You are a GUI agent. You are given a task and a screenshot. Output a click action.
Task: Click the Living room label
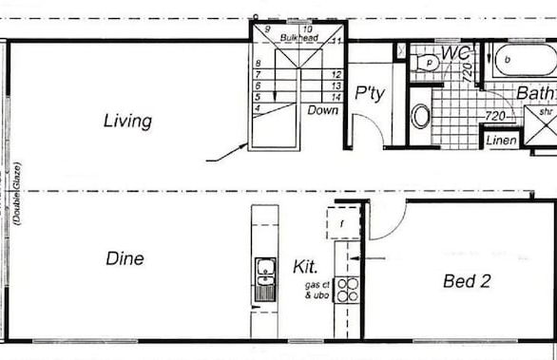coord(128,121)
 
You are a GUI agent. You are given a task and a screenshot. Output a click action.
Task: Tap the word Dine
coord(125,258)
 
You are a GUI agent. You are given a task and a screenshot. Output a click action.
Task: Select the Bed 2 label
coord(467,280)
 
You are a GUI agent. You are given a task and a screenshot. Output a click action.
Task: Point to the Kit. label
coord(306,268)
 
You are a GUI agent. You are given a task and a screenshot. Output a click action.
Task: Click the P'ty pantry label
coord(369,93)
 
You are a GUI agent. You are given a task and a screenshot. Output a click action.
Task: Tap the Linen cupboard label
coord(502,141)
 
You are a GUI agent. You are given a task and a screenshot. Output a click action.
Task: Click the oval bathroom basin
coord(420,117)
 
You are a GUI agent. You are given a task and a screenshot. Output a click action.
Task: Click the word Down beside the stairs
coord(322,110)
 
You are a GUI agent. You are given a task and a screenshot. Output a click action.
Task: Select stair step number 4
coord(258,108)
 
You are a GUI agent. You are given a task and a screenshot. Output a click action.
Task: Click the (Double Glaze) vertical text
coord(17,195)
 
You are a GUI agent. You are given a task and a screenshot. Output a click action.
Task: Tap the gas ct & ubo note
coord(317,290)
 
